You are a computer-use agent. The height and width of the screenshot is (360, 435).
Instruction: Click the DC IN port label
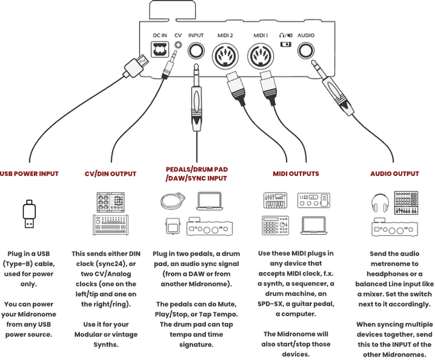(160, 35)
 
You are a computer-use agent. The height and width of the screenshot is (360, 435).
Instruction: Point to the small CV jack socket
(178, 48)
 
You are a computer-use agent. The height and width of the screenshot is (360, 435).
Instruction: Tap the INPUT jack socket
(196, 51)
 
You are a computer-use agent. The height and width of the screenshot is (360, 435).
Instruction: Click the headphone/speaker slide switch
(285, 45)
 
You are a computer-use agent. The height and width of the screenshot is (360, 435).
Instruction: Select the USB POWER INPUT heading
(29, 173)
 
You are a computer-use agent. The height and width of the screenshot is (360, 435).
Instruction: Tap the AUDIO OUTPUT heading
(395, 173)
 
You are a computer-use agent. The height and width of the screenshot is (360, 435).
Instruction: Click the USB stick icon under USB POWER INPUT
(29, 214)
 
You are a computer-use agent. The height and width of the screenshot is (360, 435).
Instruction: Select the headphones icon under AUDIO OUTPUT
(380, 203)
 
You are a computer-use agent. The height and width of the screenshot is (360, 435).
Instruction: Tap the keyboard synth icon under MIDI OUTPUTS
(276, 201)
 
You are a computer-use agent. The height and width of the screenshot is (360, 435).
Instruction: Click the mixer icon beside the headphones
(407, 202)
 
